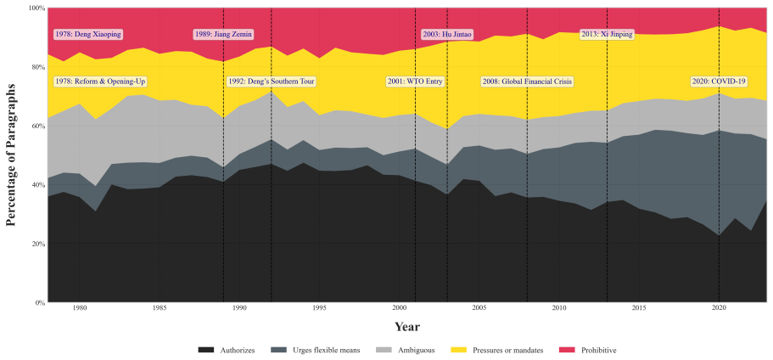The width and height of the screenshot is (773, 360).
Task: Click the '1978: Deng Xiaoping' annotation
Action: (x=87, y=35)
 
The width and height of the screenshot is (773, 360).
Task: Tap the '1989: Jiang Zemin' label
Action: (x=223, y=35)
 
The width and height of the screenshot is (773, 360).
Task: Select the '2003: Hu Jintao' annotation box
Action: (x=447, y=35)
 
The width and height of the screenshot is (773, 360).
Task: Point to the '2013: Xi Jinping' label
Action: (x=607, y=35)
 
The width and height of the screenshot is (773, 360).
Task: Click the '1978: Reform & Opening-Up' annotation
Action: (x=101, y=82)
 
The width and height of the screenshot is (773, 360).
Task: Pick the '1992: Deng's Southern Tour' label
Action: (x=272, y=82)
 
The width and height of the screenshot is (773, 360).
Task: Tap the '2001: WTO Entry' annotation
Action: (x=415, y=82)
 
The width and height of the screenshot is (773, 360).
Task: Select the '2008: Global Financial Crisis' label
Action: (x=527, y=82)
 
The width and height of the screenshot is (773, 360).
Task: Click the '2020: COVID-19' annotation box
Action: (x=719, y=82)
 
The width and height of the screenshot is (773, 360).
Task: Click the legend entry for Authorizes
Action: (x=227, y=350)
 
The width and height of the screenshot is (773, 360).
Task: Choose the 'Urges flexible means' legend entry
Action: (x=316, y=350)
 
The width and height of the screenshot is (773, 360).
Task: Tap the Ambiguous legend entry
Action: (x=406, y=350)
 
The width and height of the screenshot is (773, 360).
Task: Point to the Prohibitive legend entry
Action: (x=588, y=350)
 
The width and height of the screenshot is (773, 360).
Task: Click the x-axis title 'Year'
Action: (x=407, y=327)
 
